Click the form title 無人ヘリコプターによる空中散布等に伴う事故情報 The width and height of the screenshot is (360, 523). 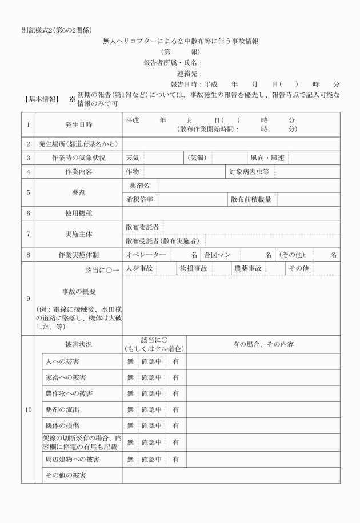(180, 41)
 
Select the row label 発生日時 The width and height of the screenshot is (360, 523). (79, 124)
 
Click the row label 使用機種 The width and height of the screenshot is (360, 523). (79, 213)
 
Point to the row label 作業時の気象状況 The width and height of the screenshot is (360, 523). (79, 158)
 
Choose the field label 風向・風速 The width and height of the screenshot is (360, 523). (267, 158)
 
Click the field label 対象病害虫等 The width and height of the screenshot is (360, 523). (249, 171)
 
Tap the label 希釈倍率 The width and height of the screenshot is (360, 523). (139, 199)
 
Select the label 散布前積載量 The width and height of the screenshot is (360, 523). (251, 199)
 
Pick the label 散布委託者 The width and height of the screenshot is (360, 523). (142, 227)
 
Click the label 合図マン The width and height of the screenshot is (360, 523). (218, 254)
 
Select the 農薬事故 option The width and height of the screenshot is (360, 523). (248, 268)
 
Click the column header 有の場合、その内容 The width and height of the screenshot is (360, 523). (263, 345)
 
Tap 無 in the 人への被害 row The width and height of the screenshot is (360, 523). (130, 361)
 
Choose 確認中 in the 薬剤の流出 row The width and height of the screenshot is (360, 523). (152, 410)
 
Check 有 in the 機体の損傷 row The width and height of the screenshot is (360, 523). (176, 426)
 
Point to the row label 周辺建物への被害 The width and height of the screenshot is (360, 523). (73, 459)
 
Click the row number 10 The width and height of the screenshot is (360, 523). (29, 410)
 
